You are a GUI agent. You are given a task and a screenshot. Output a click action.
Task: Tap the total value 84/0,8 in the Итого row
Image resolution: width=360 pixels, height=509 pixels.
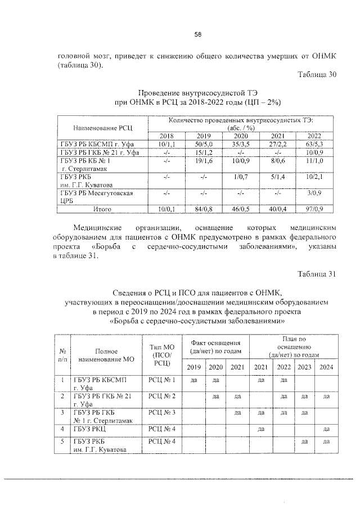click(204, 209)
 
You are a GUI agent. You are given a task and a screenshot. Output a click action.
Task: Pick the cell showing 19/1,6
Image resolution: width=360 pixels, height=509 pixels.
click(204, 160)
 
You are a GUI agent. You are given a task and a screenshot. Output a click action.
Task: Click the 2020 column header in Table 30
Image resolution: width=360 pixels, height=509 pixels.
click(241, 136)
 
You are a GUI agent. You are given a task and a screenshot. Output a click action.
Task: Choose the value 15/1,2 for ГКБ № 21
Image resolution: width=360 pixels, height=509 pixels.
click(204, 152)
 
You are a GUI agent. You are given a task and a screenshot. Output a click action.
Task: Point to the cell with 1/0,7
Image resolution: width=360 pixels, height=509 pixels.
click(241, 177)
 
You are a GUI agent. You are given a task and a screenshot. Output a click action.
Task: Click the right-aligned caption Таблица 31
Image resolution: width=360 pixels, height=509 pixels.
click(317, 274)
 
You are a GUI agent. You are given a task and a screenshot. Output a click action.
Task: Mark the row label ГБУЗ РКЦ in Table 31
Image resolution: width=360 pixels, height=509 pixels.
click(87, 429)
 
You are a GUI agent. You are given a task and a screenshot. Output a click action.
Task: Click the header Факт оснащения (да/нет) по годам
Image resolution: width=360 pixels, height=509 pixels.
click(216, 347)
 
